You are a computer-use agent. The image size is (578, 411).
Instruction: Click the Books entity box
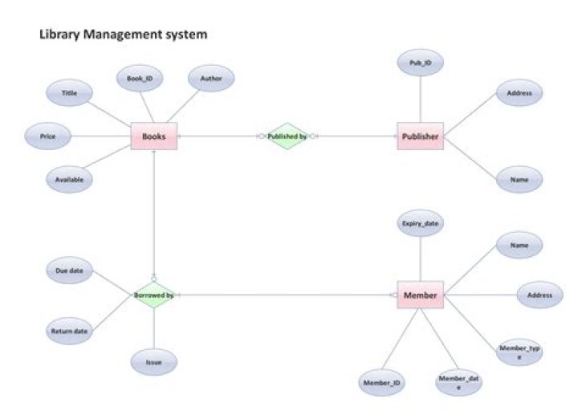(153, 136)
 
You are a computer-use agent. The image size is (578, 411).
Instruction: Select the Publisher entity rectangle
(420, 136)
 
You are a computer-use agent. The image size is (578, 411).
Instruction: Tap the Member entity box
(420, 295)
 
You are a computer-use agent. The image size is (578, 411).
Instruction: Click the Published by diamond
(287, 136)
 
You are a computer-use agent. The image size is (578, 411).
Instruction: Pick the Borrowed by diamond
(154, 295)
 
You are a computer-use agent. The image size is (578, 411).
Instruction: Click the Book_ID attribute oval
(140, 79)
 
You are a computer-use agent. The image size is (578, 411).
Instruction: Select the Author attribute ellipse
(211, 79)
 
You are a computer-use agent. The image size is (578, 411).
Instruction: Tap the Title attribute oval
(70, 94)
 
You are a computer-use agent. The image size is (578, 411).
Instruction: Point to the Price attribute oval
(48, 136)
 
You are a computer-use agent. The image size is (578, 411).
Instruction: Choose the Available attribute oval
(70, 180)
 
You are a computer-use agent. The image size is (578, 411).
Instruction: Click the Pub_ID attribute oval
(420, 63)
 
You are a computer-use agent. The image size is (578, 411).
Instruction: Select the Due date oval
(70, 271)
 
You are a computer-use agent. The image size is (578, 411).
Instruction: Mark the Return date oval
(70, 330)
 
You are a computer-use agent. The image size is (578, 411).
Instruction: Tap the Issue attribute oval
(154, 362)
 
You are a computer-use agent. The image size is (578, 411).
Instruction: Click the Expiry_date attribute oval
(420, 224)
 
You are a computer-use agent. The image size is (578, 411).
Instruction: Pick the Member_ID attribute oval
(382, 383)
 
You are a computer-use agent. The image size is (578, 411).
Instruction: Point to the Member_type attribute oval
(519, 352)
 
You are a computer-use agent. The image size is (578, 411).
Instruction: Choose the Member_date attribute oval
(458, 382)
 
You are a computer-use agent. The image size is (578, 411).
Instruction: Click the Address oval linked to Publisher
(519, 94)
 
